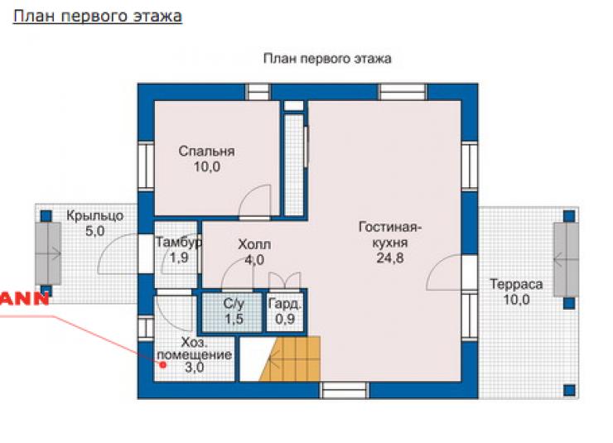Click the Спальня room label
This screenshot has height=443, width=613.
[x=206, y=152]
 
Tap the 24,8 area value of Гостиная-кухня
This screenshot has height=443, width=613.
[x=390, y=258]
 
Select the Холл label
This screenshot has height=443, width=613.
[x=254, y=244]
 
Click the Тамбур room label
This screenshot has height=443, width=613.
[x=179, y=243]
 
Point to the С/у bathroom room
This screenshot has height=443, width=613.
[x=232, y=312]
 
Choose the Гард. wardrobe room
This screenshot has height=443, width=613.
[x=285, y=312]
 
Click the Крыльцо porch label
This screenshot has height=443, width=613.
[x=94, y=215]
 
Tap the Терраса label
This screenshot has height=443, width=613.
[x=516, y=284]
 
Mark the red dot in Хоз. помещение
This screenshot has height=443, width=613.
[x=163, y=365]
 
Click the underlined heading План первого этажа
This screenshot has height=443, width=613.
[x=98, y=17]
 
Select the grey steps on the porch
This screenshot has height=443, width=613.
[x=48, y=253]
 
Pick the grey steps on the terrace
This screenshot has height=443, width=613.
[x=566, y=260]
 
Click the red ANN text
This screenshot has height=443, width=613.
[x=24, y=298]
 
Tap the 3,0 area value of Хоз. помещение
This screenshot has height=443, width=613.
[x=195, y=367]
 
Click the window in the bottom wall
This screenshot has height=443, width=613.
[x=345, y=390]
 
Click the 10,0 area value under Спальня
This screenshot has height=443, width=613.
[x=207, y=166]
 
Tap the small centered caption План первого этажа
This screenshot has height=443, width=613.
[x=327, y=59]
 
